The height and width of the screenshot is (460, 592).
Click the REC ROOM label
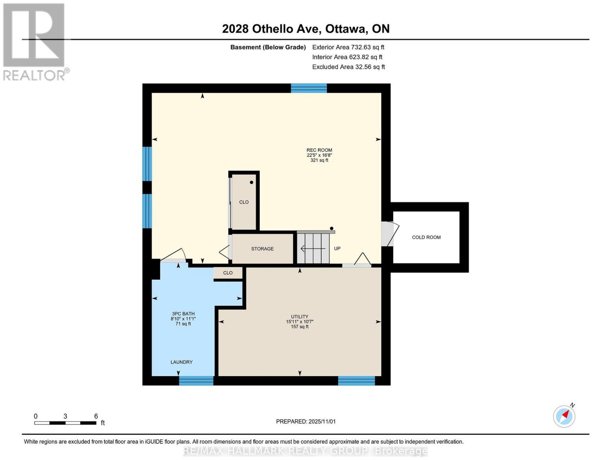click(x=319, y=150)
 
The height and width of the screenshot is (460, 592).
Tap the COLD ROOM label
click(x=426, y=238)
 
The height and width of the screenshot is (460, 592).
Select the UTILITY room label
click(x=299, y=316)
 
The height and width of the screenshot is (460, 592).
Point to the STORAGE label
click(x=262, y=249)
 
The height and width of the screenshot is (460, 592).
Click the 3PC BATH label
click(x=183, y=314)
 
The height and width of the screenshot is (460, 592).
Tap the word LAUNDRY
click(x=181, y=362)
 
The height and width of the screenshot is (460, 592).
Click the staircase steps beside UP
click(x=313, y=248)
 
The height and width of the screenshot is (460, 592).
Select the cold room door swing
click(x=390, y=234)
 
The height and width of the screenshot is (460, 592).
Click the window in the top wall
click(x=309, y=88)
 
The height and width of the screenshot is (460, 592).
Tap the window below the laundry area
click(x=196, y=380)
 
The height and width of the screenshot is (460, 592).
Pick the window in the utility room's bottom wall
click(x=356, y=380)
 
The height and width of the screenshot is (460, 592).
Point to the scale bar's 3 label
click(x=65, y=416)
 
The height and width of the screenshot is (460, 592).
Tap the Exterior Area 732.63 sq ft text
click(x=348, y=47)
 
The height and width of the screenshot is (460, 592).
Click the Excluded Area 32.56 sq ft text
click(x=349, y=67)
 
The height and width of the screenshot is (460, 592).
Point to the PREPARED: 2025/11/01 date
click(x=306, y=421)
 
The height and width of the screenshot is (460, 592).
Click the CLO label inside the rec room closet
click(x=244, y=202)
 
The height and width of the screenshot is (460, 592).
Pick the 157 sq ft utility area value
click(x=299, y=326)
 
